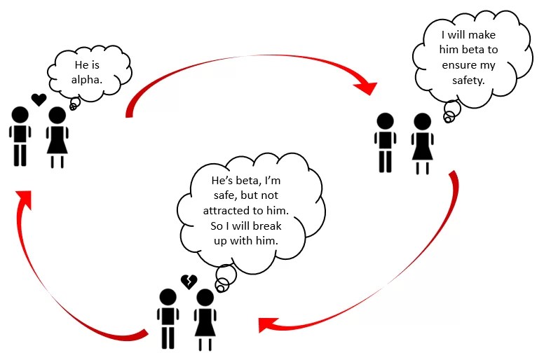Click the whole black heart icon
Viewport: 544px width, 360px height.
(x=39, y=99)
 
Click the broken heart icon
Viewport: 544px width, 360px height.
(x=189, y=282)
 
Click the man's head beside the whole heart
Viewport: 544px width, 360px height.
(x=20, y=114)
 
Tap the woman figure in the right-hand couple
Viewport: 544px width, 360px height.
(x=421, y=143)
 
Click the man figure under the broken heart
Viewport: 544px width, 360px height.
(x=167, y=318)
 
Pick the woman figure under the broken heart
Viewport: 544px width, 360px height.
(x=205, y=319)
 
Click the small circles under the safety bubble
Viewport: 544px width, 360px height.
(x=451, y=112)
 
